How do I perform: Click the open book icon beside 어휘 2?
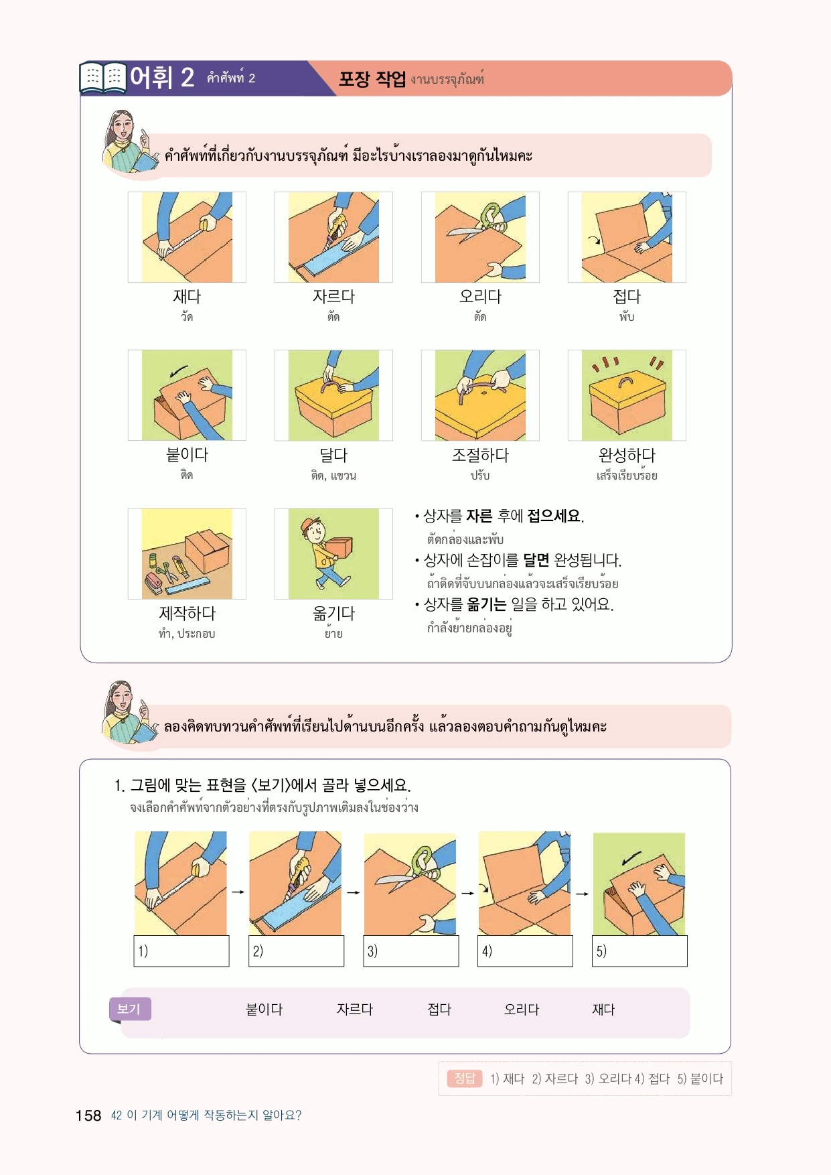tap(103, 78)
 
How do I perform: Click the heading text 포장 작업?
tap(372, 79)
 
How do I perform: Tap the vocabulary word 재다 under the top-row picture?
tap(187, 296)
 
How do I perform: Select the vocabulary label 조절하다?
tap(480, 456)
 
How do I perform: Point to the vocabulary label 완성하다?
tap(627, 456)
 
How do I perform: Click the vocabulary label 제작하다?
tap(187, 613)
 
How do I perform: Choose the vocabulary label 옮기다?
tap(333, 613)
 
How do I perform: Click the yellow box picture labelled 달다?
tap(333, 395)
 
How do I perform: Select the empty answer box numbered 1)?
tap(181, 951)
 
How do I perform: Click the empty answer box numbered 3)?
tap(411, 951)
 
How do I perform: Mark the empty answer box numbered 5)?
tap(640, 951)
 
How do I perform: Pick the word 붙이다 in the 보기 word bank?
tap(265, 1010)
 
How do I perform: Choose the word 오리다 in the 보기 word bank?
tap(522, 1010)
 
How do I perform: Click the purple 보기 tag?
tap(130, 1009)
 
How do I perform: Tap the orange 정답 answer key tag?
tap(465, 1079)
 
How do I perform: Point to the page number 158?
tap(88, 1115)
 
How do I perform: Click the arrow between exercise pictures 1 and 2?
tap(238, 892)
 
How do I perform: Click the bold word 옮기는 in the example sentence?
tap(486, 604)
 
